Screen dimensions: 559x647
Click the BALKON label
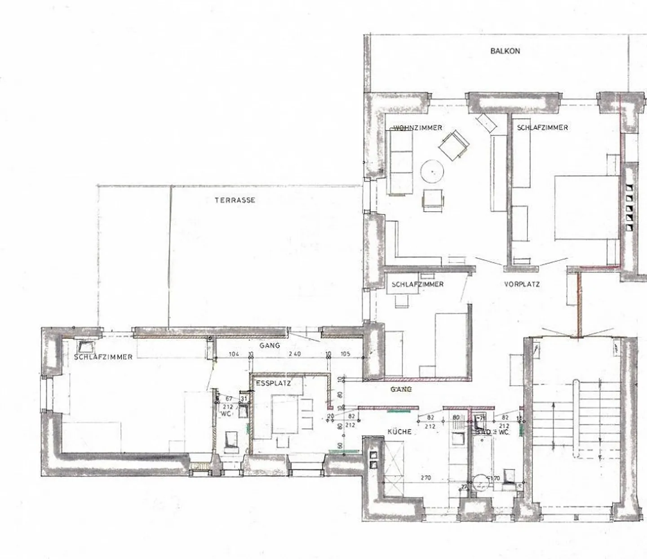(505, 51)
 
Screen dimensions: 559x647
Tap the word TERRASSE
(235, 200)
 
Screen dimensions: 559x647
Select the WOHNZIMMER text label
(418, 128)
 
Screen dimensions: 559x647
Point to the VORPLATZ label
(522, 284)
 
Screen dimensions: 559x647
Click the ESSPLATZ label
(273, 383)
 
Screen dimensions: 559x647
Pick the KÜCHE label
(399, 432)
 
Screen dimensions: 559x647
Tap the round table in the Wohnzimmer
(432, 171)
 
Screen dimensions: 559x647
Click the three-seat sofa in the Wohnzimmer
(401, 164)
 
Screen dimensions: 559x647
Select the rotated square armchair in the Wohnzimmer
(454, 145)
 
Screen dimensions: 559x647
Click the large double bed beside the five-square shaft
(587, 208)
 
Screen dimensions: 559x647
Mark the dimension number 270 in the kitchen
(425, 478)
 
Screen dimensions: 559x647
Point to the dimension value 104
(234, 354)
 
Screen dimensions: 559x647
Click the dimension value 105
(345, 354)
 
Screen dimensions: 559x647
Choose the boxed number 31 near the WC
(244, 399)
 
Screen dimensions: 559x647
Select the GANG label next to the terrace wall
(270, 346)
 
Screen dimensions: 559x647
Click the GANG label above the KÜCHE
(401, 390)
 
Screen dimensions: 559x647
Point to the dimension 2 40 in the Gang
(294, 354)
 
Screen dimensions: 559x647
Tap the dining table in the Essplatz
(285, 414)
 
